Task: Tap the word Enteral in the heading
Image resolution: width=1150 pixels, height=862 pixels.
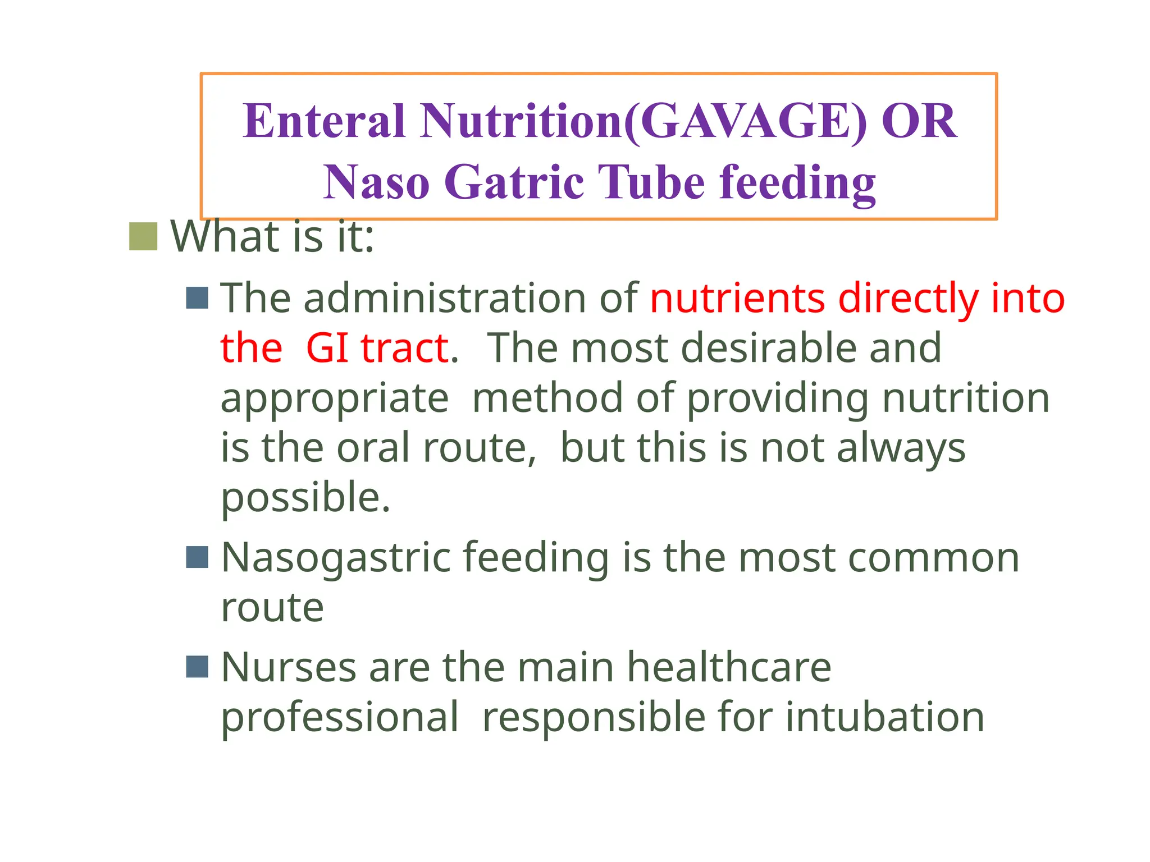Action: [324, 122]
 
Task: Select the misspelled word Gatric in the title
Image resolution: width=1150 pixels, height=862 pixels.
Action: [514, 182]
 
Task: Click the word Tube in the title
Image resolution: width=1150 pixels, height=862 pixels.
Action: [651, 182]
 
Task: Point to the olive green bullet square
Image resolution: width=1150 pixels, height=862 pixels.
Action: [143, 236]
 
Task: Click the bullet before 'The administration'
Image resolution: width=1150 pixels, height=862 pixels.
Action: [197, 298]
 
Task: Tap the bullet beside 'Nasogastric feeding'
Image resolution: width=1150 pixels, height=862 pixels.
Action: [197, 557]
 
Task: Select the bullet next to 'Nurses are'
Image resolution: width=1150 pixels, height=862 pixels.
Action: [197, 667]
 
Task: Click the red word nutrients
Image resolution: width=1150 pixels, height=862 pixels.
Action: [737, 298]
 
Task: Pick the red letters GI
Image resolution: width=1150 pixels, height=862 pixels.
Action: [327, 348]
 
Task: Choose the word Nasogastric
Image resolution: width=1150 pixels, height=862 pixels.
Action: [336, 559]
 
